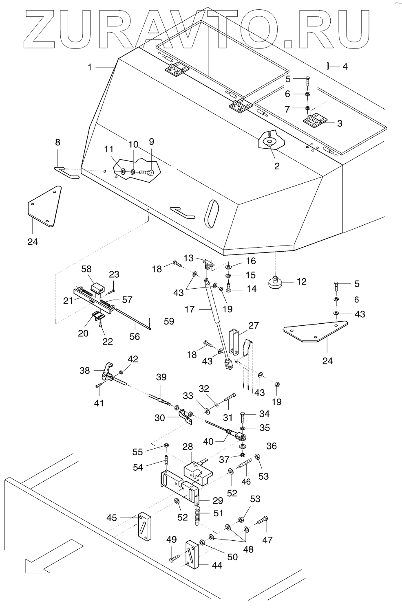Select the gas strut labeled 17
coord(216,322)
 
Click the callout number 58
coord(86,269)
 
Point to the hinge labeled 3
coord(315,121)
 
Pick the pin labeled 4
coord(328,66)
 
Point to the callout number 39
coord(161,377)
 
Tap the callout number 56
coord(135,336)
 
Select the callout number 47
coord(267,540)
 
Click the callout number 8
coord(57,142)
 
